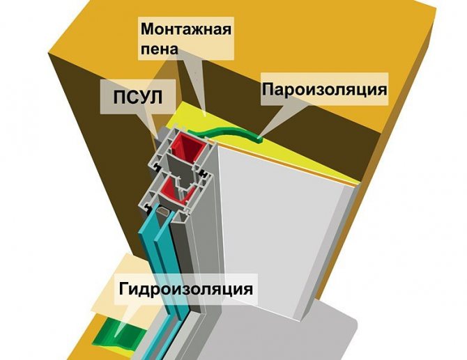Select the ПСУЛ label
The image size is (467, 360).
[132, 96]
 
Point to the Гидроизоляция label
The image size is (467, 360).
[185, 288]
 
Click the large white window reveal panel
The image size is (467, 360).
[279, 230]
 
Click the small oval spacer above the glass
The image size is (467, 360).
[161, 210]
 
